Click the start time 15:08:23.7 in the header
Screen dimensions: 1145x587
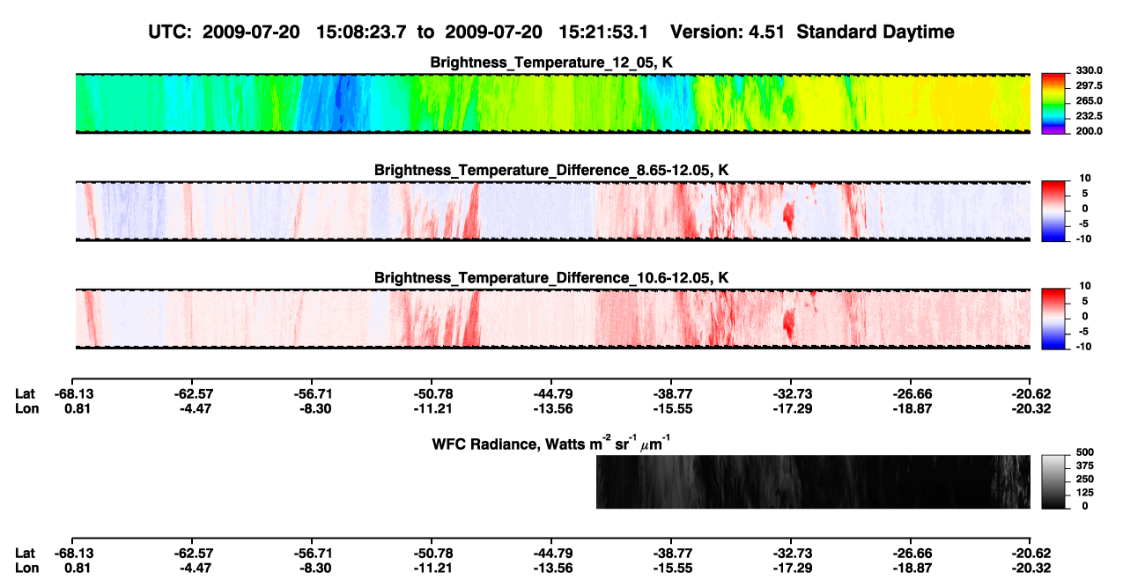[x=361, y=33]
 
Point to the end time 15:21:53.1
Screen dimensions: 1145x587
[x=603, y=33]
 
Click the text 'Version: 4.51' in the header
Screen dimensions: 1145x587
[x=728, y=33]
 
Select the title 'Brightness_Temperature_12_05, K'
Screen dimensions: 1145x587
[x=551, y=62]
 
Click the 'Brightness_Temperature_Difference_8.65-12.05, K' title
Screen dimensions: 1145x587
[x=551, y=170]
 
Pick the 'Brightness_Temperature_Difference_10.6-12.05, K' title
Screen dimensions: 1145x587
[x=551, y=278]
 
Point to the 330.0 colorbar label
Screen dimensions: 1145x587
[x=1089, y=70]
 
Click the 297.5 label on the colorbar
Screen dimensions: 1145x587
[x=1089, y=85]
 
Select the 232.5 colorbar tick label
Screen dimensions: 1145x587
[x=1089, y=116]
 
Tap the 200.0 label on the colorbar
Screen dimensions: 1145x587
[x=1089, y=131]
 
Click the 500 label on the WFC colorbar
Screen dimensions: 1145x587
[x=1085, y=452]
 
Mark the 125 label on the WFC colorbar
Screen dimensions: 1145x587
[x=1085, y=493]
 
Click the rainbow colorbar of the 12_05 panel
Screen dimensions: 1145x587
[x=1053, y=104]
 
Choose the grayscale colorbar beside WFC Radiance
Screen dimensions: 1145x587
[x=1053, y=481]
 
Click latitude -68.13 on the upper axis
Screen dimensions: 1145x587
[x=74, y=394]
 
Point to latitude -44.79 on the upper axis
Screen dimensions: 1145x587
[x=553, y=394]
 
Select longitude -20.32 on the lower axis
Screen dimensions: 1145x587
[x=1031, y=569]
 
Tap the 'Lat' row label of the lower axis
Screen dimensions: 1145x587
[x=25, y=554]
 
